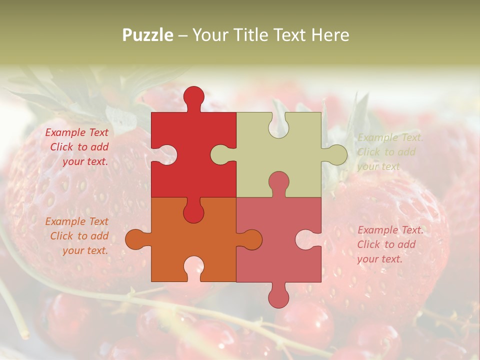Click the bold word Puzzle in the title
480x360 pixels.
click(147, 35)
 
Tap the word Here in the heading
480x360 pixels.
click(330, 35)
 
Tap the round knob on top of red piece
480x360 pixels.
click(193, 96)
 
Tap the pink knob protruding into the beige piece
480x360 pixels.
click(278, 182)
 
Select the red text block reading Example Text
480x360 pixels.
click(77, 147)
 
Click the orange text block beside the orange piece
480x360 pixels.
click(77, 236)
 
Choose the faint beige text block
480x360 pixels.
click(390, 152)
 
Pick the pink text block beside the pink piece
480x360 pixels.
click(390, 244)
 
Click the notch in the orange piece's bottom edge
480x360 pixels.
click(193, 267)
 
